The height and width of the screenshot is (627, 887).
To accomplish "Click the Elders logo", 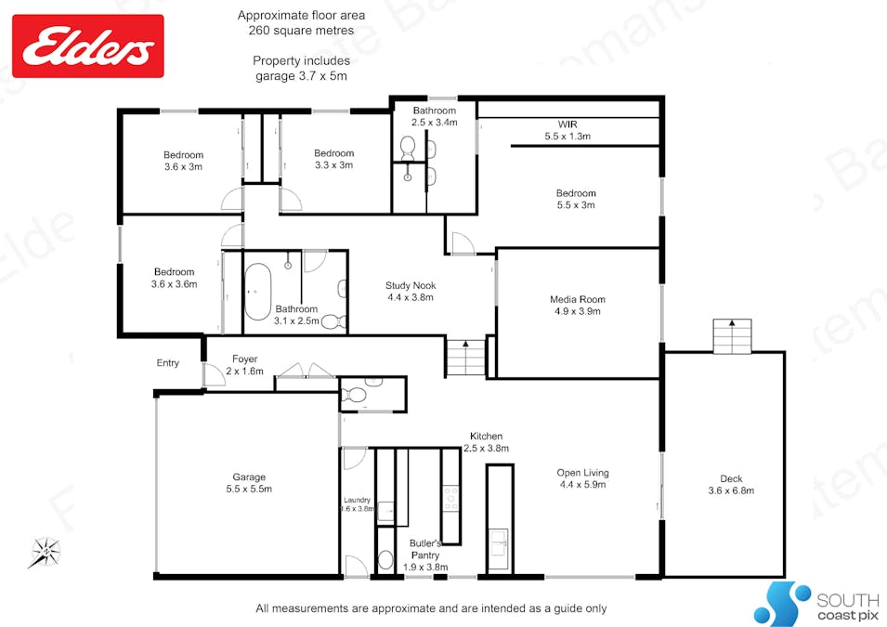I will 87,46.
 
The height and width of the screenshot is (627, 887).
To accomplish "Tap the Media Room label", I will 578,306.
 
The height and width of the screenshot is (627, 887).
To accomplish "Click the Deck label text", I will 731,484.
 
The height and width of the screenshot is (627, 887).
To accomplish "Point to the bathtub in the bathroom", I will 258,291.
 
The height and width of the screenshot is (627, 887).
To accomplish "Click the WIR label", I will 567,130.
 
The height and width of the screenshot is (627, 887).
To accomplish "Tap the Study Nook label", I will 411,292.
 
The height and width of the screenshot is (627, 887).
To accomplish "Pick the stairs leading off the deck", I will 733,334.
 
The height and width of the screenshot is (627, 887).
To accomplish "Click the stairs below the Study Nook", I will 465,358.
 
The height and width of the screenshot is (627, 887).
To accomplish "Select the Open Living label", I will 582,478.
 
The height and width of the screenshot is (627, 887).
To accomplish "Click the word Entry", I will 167,363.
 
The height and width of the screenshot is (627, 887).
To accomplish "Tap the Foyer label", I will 244,365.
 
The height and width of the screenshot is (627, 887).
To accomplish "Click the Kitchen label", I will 486,441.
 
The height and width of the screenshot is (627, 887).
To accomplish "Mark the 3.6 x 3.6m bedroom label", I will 175,278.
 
